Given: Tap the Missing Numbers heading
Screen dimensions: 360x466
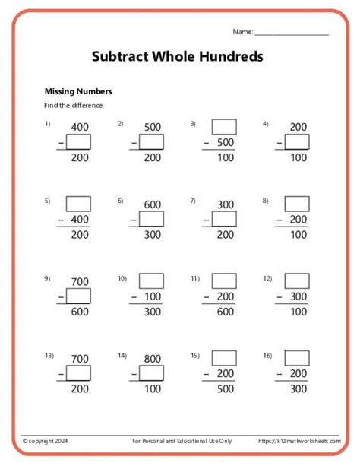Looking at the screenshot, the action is pyautogui.click(x=78, y=90).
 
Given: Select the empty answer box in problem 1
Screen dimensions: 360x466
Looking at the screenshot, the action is pyautogui.click(x=79, y=141).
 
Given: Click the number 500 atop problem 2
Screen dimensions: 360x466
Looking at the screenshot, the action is pyautogui.click(x=152, y=126).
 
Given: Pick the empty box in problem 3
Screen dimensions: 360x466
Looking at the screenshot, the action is pyautogui.click(x=224, y=126).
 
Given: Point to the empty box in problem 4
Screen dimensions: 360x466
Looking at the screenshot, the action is pyautogui.click(x=297, y=141).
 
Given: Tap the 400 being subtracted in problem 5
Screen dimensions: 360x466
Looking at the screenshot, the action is pyautogui.click(x=79, y=220).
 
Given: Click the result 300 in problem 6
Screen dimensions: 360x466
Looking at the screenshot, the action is pyautogui.click(x=152, y=235).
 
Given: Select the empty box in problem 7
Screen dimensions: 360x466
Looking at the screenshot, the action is pyautogui.click(x=224, y=219).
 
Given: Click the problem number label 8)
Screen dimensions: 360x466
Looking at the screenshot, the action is pyautogui.click(x=266, y=201).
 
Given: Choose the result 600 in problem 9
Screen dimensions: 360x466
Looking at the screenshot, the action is pyautogui.click(x=79, y=312).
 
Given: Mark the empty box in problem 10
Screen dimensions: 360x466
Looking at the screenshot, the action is pyautogui.click(x=152, y=281).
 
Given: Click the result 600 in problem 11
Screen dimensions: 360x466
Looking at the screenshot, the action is pyautogui.click(x=224, y=312).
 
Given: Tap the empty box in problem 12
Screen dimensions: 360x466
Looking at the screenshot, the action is pyautogui.click(x=297, y=281).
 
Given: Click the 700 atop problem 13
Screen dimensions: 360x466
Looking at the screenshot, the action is pyautogui.click(x=79, y=358).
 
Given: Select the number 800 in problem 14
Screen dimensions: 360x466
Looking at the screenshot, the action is pyautogui.click(x=152, y=358).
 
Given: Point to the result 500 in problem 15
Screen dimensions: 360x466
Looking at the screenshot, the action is pyautogui.click(x=224, y=389).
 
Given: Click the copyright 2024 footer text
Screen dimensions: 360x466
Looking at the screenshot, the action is pyautogui.click(x=45, y=441).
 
